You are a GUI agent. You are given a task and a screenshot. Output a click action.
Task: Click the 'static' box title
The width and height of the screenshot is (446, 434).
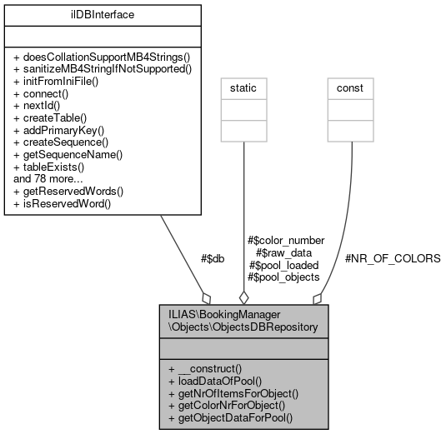(243, 87)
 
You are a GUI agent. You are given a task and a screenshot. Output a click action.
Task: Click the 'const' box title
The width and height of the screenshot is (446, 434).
(349, 87)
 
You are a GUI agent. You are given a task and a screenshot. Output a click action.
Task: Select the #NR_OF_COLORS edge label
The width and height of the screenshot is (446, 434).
(392, 259)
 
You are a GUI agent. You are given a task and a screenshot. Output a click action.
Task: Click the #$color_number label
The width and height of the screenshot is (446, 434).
(286, 240)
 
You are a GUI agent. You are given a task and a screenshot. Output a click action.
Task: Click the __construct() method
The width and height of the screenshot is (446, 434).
(205, 368)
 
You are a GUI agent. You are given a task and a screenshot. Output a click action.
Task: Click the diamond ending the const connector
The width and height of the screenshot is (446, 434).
(318, 297)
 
